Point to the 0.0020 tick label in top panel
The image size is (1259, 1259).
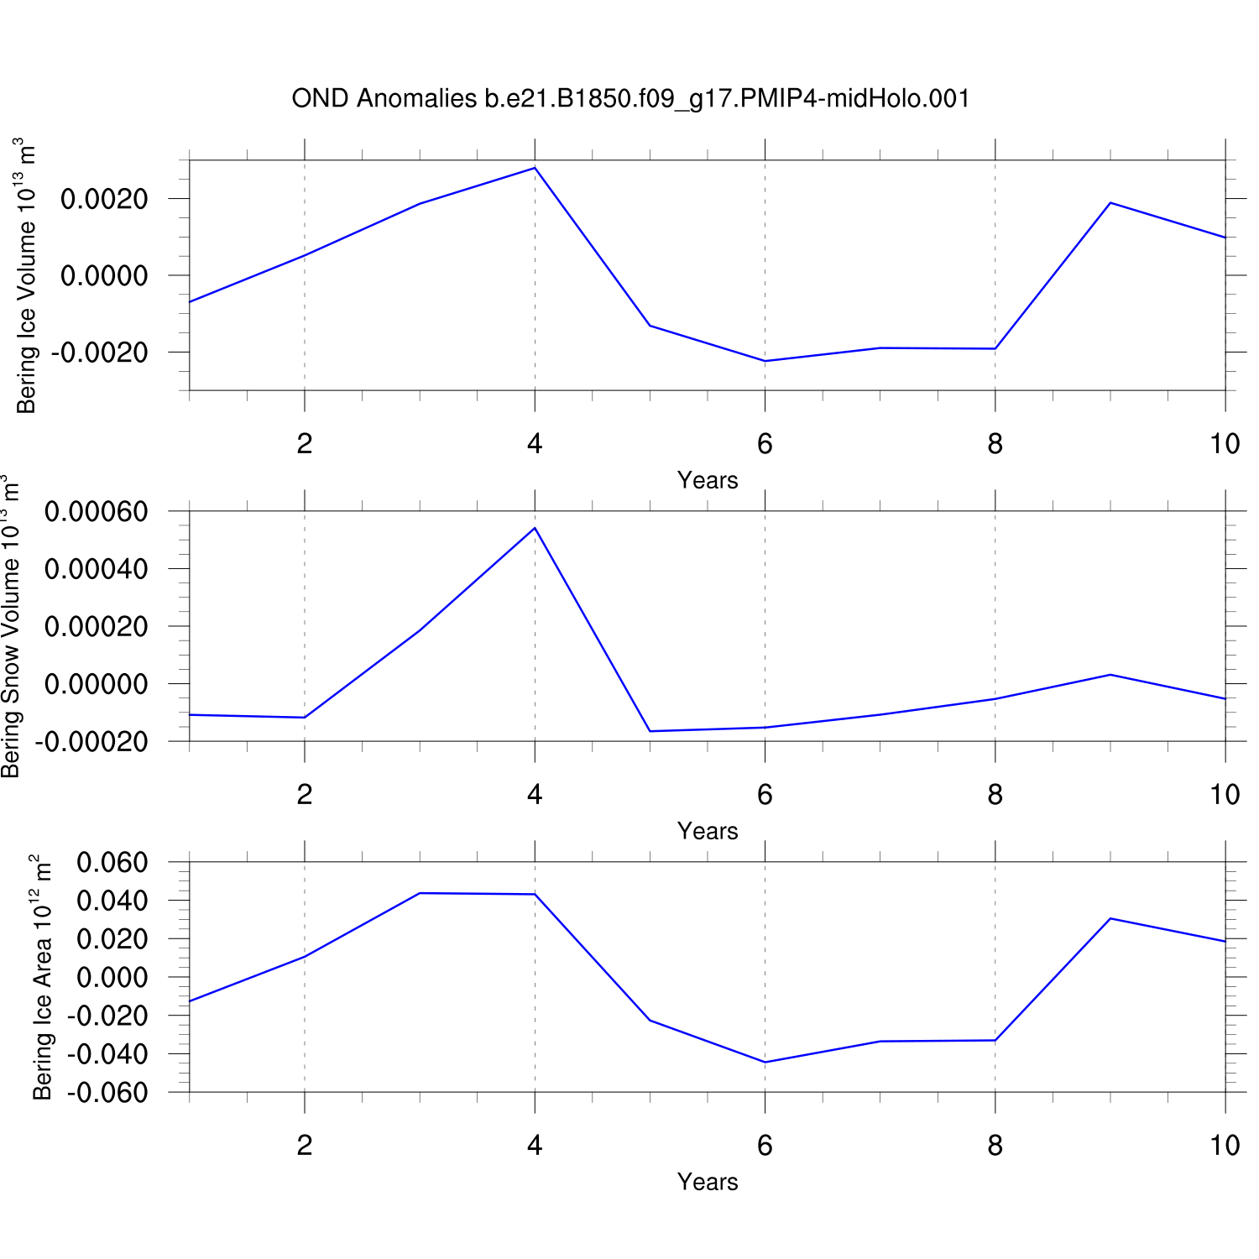click(x=104, y=199)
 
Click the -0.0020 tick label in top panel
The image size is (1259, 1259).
click(x=99, y=353)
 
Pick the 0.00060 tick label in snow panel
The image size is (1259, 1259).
click(x=96, y=511)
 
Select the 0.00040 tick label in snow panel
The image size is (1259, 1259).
click(x=96, y=569)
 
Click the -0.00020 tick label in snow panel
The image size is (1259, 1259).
click(x=91, y=742)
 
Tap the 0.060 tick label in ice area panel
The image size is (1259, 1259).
click(x=112, y=862)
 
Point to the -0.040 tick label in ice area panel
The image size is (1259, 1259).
click(x=107, y=1054)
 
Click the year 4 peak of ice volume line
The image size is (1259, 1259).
click(x=535, y=168)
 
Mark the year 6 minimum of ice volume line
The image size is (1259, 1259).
click(x=765, y=361)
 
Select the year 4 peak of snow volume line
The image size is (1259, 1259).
click(x=535, y=528)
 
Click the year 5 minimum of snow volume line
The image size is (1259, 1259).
click(x=650, y=731)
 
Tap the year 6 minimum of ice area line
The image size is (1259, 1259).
click(x=765, y=1062)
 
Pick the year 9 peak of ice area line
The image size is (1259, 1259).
click(x=1110, y=918)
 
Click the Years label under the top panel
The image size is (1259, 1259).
click(x=708, y=480)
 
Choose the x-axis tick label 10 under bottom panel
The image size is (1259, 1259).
click(x=1225, y=1145)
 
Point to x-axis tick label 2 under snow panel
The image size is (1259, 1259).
click(x=305, y=794)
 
